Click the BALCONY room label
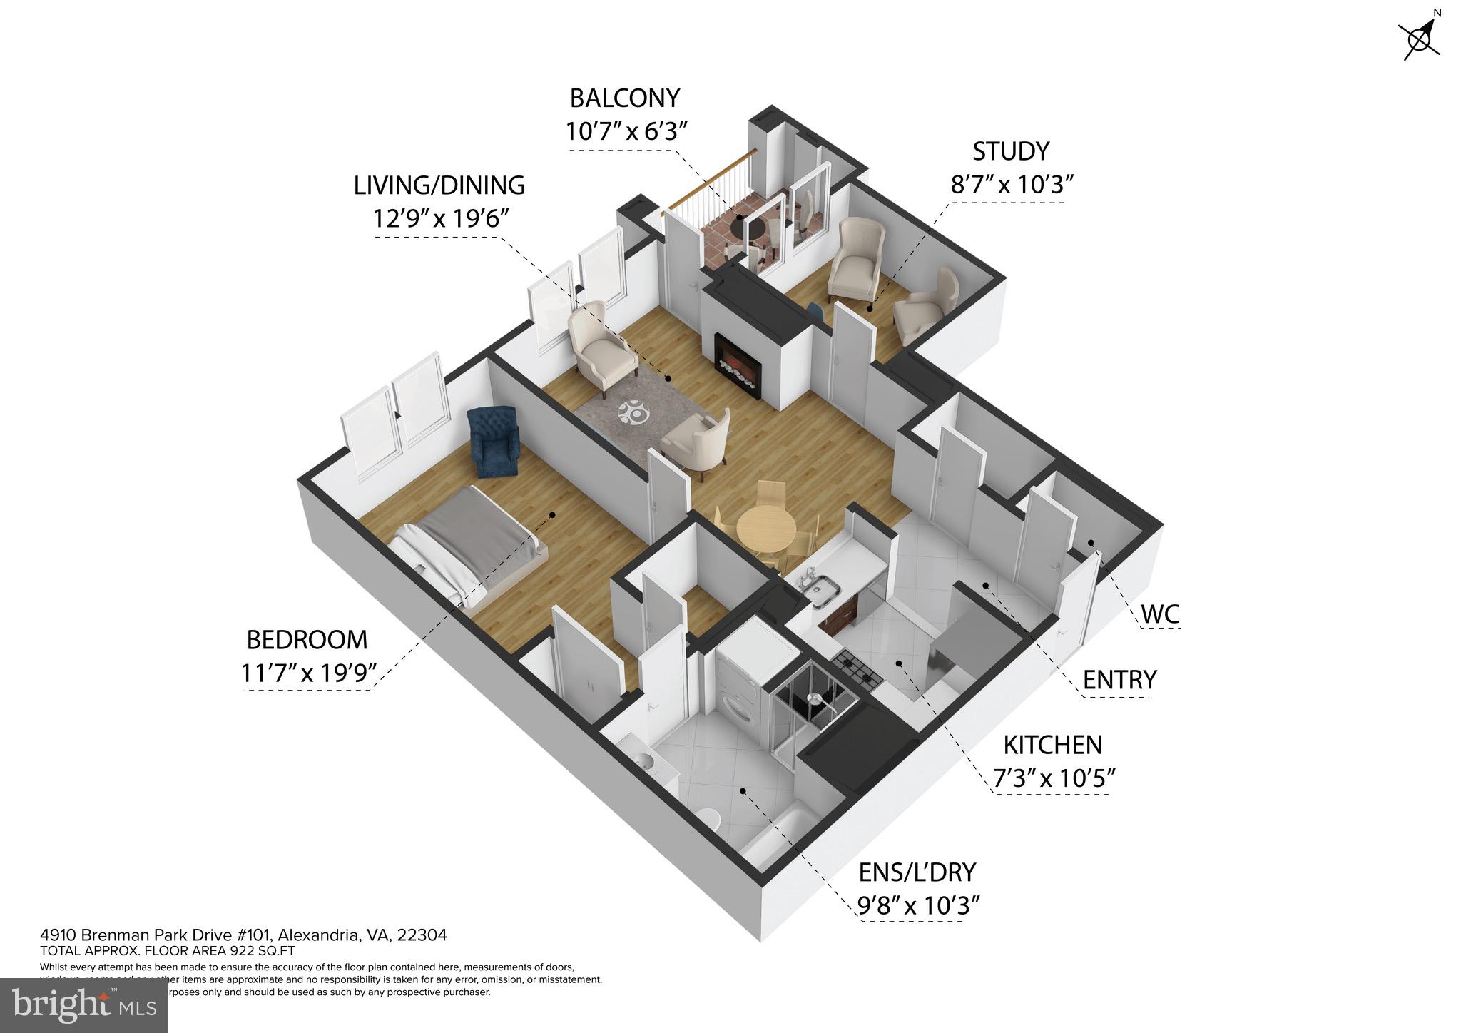[x=624, y=98]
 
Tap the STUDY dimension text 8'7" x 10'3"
[x=1012, y=185]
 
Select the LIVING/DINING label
[x=439, y=185]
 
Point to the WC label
[x=1160, y=614]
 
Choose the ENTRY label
[x=1119, y=680]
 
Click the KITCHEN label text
[x=1052, y=745]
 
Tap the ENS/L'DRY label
[x=917, y=872]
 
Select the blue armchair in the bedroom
[x=494, y=442]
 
